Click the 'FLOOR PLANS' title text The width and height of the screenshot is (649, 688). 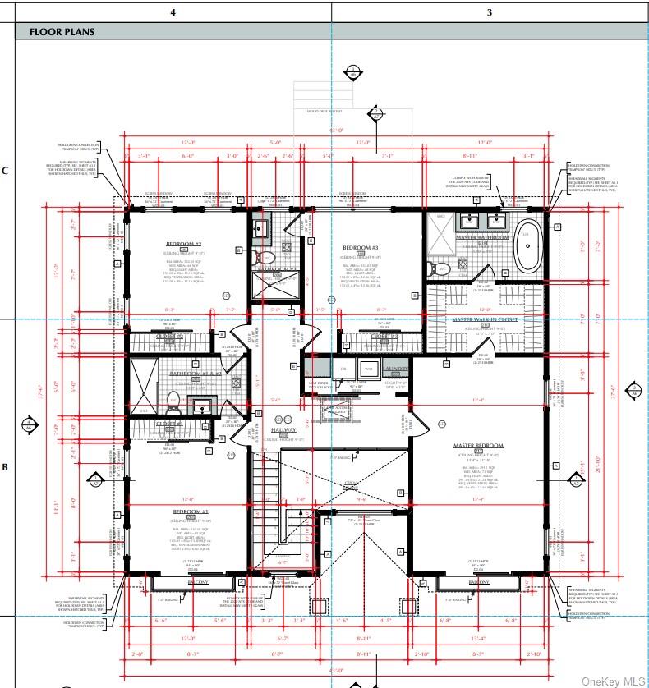pos(62,32)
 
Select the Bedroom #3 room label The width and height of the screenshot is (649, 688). pos(360,248)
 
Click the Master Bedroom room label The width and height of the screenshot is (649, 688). pos(478,446)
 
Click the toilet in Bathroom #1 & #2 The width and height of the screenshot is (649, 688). pos(173,401)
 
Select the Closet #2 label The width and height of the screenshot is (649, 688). pos(168,337)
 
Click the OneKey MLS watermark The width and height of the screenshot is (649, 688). pos(613,681)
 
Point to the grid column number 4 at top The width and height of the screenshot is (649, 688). pos(173,11)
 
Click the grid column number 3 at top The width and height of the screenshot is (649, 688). pos(490,11)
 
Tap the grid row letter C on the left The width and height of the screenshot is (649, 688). pos(5,171)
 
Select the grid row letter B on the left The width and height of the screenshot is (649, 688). pos(5,467)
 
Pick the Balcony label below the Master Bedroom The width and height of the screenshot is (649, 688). pos(479,582)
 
